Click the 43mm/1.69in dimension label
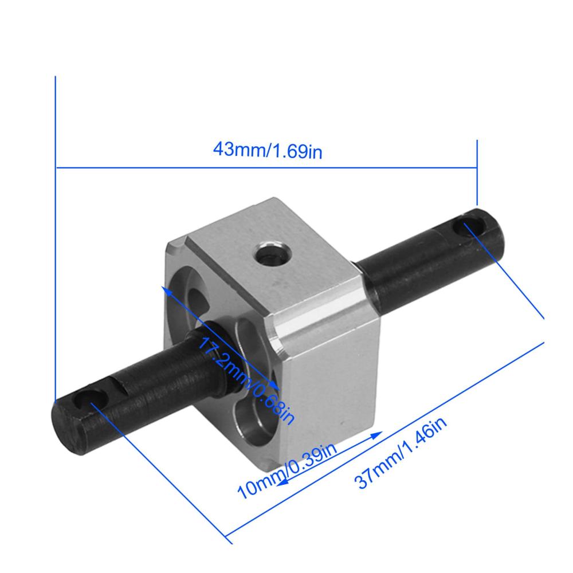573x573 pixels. pos(268,150)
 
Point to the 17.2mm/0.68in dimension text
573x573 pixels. pos(246,381)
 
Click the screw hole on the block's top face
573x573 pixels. pos(273,255)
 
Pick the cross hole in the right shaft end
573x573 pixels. pos(470,226)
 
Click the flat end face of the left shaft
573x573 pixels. pos(69,427)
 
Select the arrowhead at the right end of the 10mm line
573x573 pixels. pos(376,435)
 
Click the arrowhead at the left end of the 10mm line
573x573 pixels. pos(282,482)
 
